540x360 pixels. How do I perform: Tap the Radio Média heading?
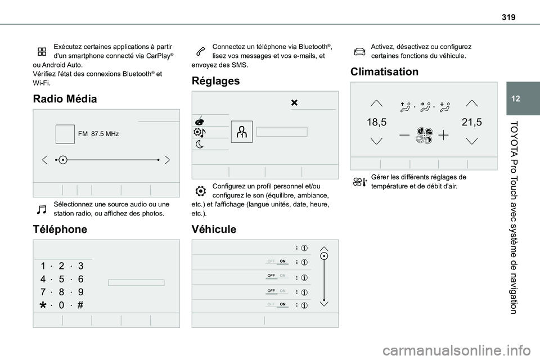[65, 99]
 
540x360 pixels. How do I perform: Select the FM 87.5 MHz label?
[98, 134]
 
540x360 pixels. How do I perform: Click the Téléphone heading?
[60, 229]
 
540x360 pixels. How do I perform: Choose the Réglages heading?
[215, 81]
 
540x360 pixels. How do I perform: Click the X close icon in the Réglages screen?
[294, 103]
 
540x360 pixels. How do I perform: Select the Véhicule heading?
[215, 229]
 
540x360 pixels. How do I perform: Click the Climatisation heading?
[384, 72]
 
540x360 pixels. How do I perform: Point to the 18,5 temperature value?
[376, 122]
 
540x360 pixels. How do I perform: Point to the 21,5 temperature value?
[471, 122]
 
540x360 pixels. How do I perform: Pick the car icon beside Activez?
[359, 51]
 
